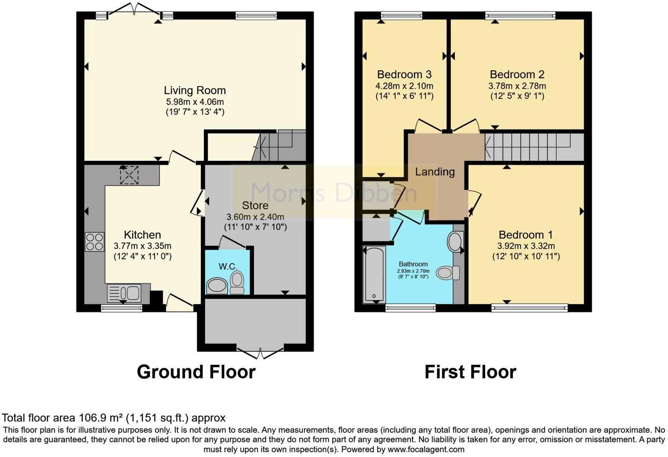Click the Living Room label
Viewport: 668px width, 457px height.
coord(195,91)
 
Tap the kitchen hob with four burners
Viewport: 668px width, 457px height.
coord(94,242)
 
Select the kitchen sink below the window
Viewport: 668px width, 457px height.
coord(124,293)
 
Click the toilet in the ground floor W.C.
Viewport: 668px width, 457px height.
coord(237,282)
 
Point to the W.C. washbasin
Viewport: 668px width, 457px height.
coord(217,286)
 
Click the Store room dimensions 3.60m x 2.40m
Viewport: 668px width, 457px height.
coord(255,217)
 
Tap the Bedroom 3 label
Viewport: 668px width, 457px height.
coord(404,74)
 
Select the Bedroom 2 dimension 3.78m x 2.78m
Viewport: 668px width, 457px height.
coord(517,86)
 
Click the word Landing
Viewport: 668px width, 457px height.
coord(435,172)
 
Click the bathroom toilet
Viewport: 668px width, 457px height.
coord(448,273)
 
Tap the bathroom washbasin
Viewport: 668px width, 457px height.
coord(455,242)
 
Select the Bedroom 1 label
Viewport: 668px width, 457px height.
coord(526,235)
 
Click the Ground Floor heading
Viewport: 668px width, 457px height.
coord(196,372)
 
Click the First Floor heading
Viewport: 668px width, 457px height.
coord(470,372)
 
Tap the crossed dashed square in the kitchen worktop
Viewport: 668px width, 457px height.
coord(129,175)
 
